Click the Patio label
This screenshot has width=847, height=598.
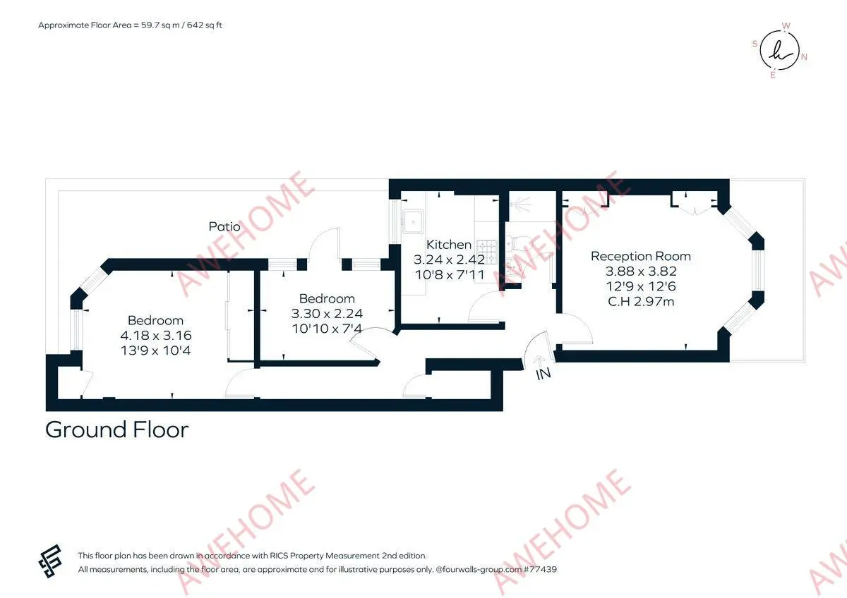224,226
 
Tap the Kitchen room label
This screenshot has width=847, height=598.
449,245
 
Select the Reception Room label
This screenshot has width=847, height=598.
641,256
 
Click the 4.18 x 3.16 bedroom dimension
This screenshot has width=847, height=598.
156,336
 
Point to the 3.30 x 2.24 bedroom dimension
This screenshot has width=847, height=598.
327,314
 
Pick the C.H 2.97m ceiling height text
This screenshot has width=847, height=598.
641,301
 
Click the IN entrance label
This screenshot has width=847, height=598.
543,374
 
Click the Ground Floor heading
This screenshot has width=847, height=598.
117,430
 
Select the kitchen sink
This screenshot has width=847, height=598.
413,221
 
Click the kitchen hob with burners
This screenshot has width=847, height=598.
486,252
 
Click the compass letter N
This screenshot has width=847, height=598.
804,57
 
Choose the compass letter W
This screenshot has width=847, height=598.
786,25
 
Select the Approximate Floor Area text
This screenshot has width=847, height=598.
130,25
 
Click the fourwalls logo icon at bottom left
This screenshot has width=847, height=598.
50,561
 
